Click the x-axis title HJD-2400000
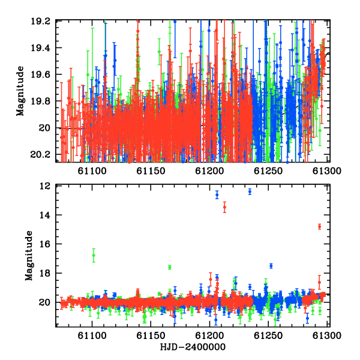tap(193, 347)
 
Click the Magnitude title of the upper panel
tap(20, 91)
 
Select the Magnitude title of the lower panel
tap(29, 256)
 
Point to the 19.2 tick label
tap(40, 22)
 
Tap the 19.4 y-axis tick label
tap(40, 48)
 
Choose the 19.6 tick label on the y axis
tap(40, 74)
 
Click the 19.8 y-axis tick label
tap(40, 101)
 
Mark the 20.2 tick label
tap(40, 155)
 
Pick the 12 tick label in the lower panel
tap(45, 186)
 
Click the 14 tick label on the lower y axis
tap(45, 215)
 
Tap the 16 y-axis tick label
tap(45, 244)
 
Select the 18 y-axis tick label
tap(45, 273)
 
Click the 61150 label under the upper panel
tap(151, 171)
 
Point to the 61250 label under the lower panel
tap(268, 335)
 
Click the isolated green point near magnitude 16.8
tap(94, 256)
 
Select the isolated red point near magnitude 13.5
tap(224, 207)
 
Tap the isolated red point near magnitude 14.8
tap(319, 227)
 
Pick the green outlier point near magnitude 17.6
tap(170, 267)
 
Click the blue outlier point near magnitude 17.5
tap(271, 266)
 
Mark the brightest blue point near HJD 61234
tap(250, 191)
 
